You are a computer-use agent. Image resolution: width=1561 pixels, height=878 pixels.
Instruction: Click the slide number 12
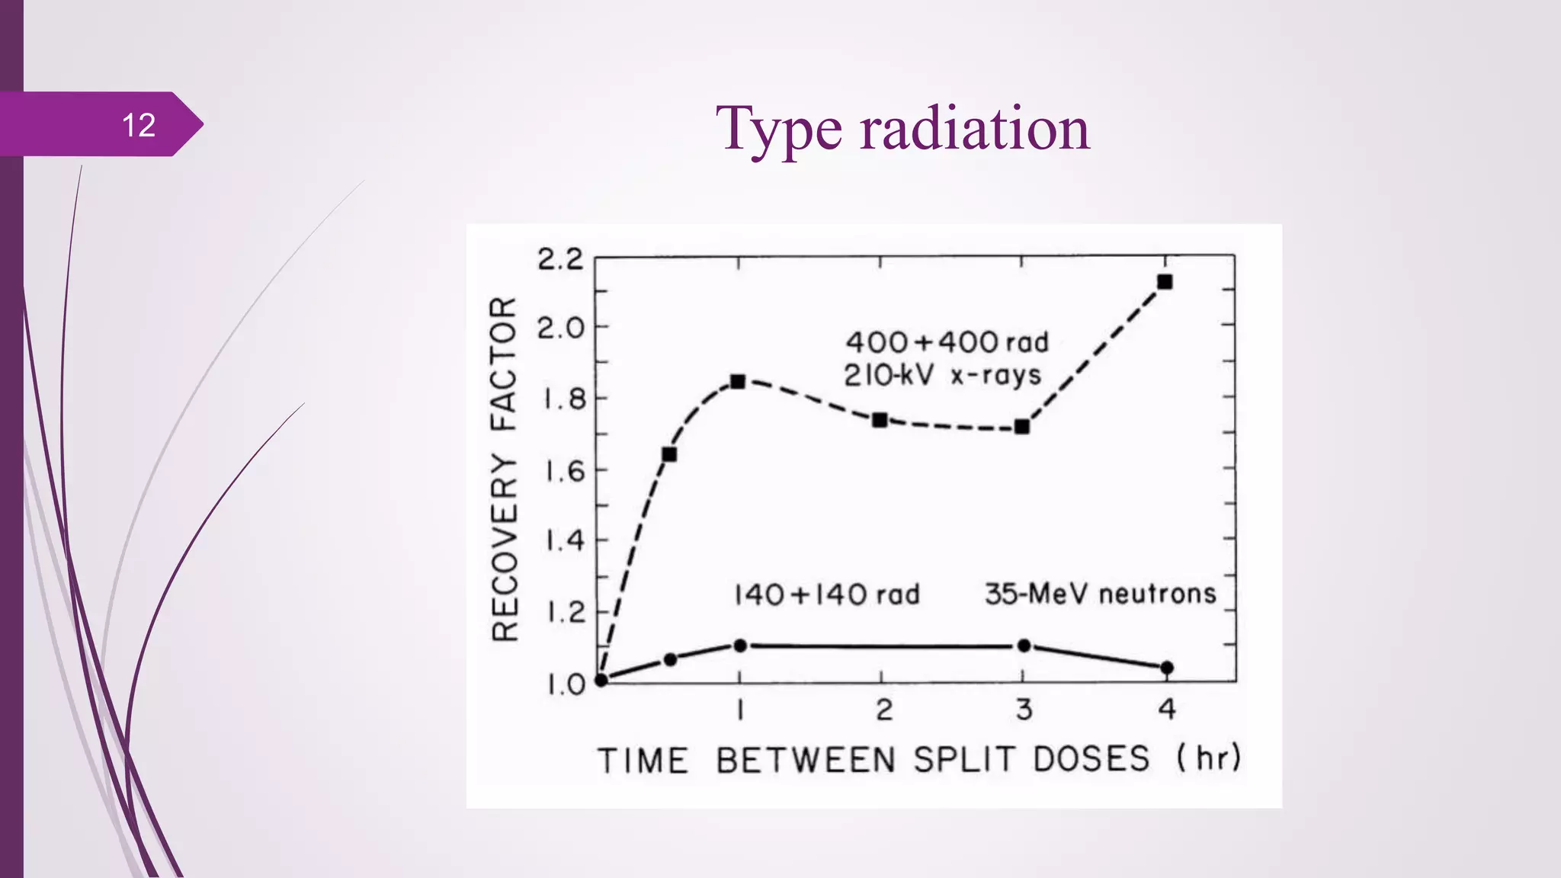tap(139, 125)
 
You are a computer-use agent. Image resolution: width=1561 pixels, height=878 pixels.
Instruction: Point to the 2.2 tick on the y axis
tap(560, 260)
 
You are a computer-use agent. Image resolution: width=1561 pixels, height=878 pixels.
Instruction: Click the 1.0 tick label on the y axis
tap(565, 684)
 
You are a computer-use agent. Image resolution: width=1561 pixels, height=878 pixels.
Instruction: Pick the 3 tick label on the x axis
tap(1024, 710)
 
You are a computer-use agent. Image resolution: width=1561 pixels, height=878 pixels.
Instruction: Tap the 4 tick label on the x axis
tap(1166, 710)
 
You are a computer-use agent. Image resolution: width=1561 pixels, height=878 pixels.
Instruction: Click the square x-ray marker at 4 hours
tap(1165, 282)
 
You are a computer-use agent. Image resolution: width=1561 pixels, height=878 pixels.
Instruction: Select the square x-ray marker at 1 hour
tap(738, 381)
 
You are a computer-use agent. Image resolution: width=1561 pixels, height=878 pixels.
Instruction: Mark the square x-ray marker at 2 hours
tap(880, 420)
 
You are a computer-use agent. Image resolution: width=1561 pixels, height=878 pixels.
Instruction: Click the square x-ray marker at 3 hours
tap(1023, 427)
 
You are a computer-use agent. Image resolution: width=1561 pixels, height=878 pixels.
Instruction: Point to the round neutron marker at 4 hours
tap(1166, 668)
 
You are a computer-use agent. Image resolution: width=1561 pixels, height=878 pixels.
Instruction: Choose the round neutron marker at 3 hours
tap(1024, 646)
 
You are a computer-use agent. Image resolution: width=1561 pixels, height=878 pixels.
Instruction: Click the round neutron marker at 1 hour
tap(740, 646)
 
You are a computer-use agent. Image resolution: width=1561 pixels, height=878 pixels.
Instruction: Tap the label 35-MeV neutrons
tap(1100, 594)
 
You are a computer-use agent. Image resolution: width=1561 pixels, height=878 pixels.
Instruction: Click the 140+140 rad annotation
tap(827, 594)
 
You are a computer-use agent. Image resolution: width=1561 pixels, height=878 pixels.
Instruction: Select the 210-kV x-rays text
tap(942, 375)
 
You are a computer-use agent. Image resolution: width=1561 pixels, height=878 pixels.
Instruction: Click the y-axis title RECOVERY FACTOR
tap(505, 469)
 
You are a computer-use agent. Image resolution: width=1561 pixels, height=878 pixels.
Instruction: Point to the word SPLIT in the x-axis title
tap(966, 760)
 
